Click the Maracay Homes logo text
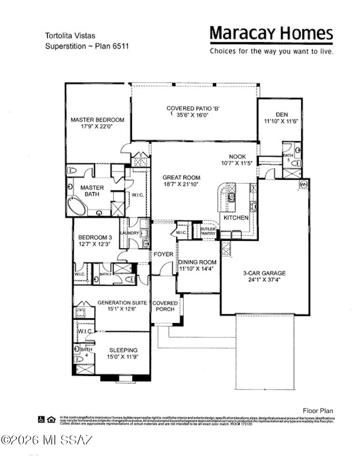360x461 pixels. click(x=271, y=33)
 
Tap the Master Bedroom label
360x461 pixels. click(x=97, y=120)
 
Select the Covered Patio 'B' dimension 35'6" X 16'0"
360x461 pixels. click(x=193, y=115)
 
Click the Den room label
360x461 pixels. click(x=282, y=114)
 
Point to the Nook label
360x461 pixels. click(x=237, y=157)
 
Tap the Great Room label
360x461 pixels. click(x=181, y=178)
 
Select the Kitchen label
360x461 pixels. click(x=236, y=218)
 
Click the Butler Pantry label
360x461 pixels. click(x=208, y=231)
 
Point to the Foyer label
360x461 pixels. click(x=163, y=254)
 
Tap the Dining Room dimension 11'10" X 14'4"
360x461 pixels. click(x=197, y=269)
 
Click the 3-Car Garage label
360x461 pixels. click(x=264, y=273)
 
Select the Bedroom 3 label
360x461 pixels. click(x=95, y=237)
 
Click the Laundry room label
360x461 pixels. click(x=130, y=233)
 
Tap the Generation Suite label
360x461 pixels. click(x=122, y=303)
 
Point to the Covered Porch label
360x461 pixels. click(x=165, y=306)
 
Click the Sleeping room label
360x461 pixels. click(x=123, y=350)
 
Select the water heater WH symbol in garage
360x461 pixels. click(x=304, y=184)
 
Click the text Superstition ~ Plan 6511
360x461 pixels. click(x=87, y=46)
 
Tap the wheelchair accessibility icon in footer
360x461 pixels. click(x=41, y=419)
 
